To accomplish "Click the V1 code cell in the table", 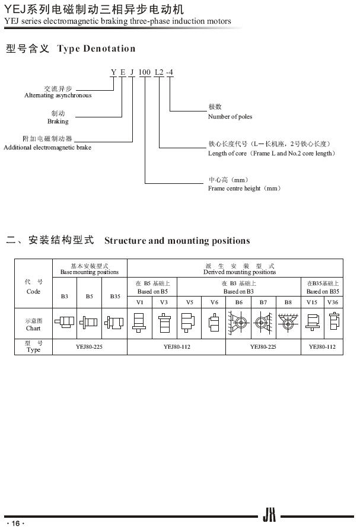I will point(140,302).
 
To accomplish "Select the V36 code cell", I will point(333,302).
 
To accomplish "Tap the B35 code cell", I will point(115,295).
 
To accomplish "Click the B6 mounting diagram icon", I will point(238,323).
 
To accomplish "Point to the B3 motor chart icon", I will point(65,323).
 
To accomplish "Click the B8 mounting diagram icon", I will point(288,323).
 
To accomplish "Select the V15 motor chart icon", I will point(312,323).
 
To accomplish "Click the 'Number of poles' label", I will point(230,116).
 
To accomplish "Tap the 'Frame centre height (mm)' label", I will point(244,188).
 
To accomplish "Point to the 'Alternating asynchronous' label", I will point(58,95).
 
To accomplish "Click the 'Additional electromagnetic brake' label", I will point(47,147).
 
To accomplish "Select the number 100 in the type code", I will point(144,72).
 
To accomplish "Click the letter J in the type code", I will point(132,72).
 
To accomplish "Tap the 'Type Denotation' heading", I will point(96,49).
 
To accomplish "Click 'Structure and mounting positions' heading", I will point(177,240).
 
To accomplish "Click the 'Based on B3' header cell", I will point(238,291).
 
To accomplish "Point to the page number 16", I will point(15,523).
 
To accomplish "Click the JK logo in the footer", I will point(269,517).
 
